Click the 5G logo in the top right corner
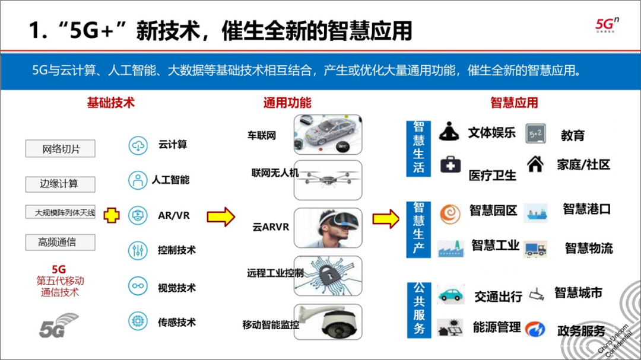607,24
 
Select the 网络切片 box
61,149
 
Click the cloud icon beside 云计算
138,145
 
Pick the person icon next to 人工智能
138,180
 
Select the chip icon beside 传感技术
138,322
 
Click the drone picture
328,179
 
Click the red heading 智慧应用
514,103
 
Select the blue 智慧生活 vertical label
419,148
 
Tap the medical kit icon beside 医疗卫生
450,164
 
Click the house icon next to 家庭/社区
535,164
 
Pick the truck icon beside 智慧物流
535,249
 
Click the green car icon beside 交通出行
450,294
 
